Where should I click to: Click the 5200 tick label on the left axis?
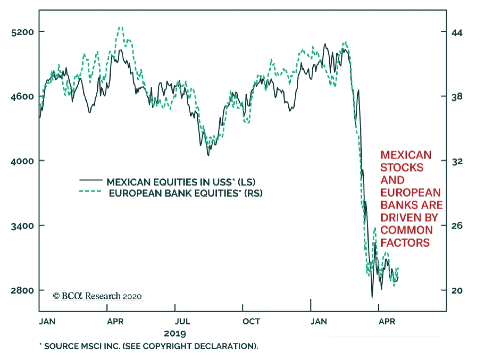pos(22,32)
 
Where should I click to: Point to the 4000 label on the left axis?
pos(22,161)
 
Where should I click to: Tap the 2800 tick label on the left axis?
pos(22,290)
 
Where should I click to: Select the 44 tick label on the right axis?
pos(457,32)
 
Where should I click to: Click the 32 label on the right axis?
pos(457,162)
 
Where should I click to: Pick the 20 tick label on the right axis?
pos(457,291)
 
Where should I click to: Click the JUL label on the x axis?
pos(182,322)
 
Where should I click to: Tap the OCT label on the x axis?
pos(251,322)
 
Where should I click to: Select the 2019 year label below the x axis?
pos(175,334)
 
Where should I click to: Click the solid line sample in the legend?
pos(91,180)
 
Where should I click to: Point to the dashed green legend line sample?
pos(90,191)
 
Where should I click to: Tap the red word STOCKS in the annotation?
pos(402,168)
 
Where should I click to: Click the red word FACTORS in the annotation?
pos(405,243)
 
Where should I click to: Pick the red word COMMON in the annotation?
pos(406,230)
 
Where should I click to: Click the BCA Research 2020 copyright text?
pos(97,296)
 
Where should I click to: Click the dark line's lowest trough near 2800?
pos(372,297)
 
